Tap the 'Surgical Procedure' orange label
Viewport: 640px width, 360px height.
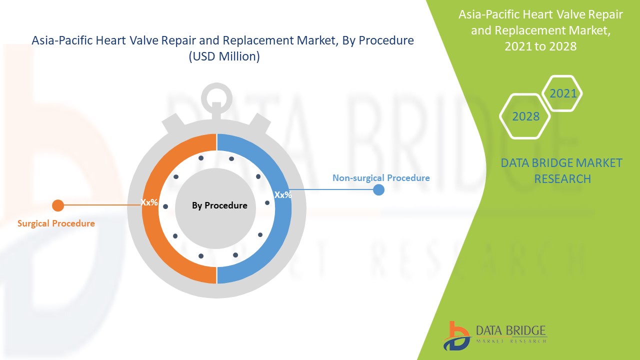click(56, 223)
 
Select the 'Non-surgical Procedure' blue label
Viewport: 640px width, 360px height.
click(381, 178)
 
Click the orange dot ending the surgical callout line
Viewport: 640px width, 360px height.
click(58, 205)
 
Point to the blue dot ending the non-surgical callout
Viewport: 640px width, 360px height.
click(378, 189)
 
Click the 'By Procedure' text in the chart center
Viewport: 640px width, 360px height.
click(219, 205)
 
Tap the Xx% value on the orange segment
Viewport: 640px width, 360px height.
click(149, 202)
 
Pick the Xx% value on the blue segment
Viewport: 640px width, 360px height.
click(283, 195)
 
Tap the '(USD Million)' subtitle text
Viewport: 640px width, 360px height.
click(224, 56)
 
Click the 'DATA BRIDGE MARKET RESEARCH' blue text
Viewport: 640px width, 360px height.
click(561, 171)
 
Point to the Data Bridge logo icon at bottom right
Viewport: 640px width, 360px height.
click(456, 336)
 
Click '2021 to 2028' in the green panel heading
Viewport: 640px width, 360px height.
click(540, 46)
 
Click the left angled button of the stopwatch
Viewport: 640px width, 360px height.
click(173, 123)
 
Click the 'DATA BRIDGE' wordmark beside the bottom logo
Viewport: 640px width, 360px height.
click(511, 330)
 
